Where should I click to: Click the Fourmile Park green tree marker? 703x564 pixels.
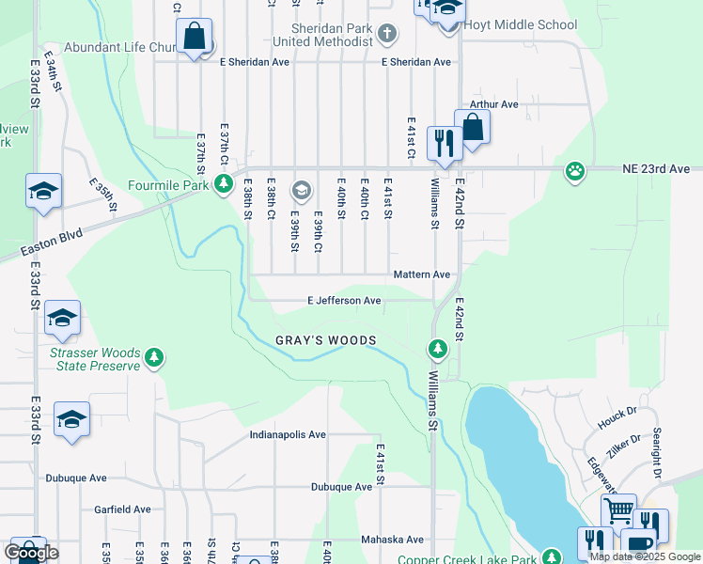tap(223, 183)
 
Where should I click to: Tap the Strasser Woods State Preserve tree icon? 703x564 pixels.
tap(154, 357)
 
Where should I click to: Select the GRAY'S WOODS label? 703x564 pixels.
tap(325, 340)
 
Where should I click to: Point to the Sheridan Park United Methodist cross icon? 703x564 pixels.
tap(386, 36)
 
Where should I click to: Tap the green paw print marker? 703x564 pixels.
tap(574, 171)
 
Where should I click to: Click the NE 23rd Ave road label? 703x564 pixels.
tap(656, 169)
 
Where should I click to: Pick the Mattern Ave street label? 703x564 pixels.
tap(422, 274)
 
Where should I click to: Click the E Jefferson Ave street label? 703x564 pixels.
tap(344, 301)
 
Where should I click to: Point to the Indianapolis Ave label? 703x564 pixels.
tap(288, 435)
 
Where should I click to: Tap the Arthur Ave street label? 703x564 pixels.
tap(494, 104)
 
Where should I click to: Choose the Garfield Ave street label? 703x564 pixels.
tap(122, 509)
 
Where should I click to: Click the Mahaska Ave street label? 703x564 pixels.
tap(392, 540)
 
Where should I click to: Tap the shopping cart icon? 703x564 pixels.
tap(617, 510)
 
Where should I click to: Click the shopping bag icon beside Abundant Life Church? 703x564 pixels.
tap(195, 38)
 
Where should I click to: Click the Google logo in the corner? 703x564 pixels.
tap(31, 553)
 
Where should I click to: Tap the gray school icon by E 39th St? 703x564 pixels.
tap(301, 191)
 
